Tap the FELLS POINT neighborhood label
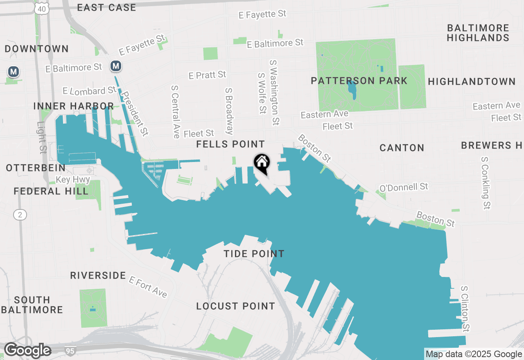click(230, 144)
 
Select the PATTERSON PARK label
click(359, 81)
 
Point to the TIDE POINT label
click(254, 254)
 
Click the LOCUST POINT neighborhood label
click(235, 306)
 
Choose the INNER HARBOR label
click(74, 106)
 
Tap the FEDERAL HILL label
click(51, 191)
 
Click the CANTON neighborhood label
click(402, 148)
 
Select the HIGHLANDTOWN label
click(472, 81)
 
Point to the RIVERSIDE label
click(98, 275)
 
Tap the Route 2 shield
click(20, 214)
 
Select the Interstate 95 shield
click(70, 350)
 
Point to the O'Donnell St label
click(404, 187)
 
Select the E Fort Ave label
click(148, 287)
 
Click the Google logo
click(27, 350)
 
